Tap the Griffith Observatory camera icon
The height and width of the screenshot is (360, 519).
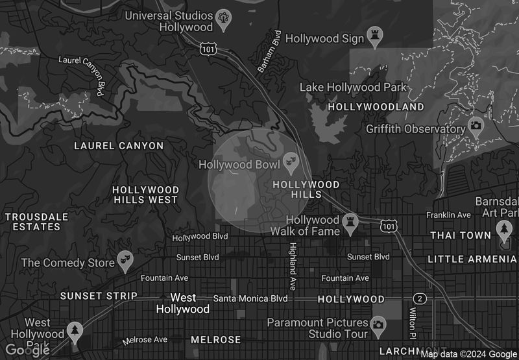[x=476, y=125]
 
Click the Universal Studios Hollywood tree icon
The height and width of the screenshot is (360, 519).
[x=224, y=18]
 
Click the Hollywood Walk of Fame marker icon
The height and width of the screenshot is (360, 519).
[x=351, y=222]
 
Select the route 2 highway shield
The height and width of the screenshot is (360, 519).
[x=421, y=298]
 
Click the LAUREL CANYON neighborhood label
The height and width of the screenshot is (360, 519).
[x=119, y=146]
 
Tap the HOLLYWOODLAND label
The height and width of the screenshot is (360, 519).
[x=376, y=106]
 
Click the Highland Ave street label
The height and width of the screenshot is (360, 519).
[x=293, y=266]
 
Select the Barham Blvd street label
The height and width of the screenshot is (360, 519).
[x=270, y=52]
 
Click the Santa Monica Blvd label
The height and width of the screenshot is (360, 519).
[x=250, y=298]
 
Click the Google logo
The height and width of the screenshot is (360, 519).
[x=27, y=350]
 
